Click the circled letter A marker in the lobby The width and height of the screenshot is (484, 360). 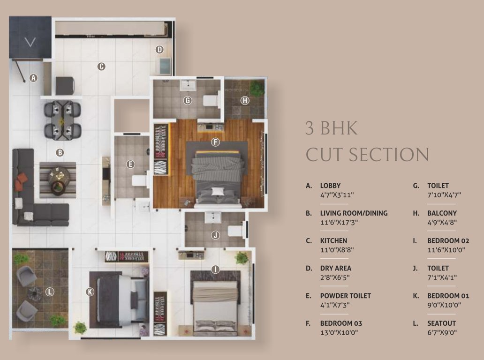(x=33, y=78)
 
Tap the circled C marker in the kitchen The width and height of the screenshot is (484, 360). (x=101, y=67)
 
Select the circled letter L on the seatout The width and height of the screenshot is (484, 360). (x=50, y=292)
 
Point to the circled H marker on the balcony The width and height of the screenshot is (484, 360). (x=245, y=100)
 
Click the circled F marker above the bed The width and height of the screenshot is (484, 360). (x=215, y=142)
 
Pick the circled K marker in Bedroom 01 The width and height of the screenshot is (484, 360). (x=90, y=292)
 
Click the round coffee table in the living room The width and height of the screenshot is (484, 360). (x=60, y=178)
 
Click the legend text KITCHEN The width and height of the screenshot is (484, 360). (x=333, y=240)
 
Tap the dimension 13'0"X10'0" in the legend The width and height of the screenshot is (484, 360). (x=341, y=332)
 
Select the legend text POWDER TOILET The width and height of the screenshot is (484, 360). (x=345, y=296)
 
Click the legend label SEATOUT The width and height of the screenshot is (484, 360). (x=441, y=323)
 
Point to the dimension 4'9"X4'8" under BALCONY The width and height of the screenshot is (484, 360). (x=442, y=222)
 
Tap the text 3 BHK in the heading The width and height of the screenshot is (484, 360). (x=331, y=128)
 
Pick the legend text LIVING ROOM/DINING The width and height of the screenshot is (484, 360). (x=354, y=213)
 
